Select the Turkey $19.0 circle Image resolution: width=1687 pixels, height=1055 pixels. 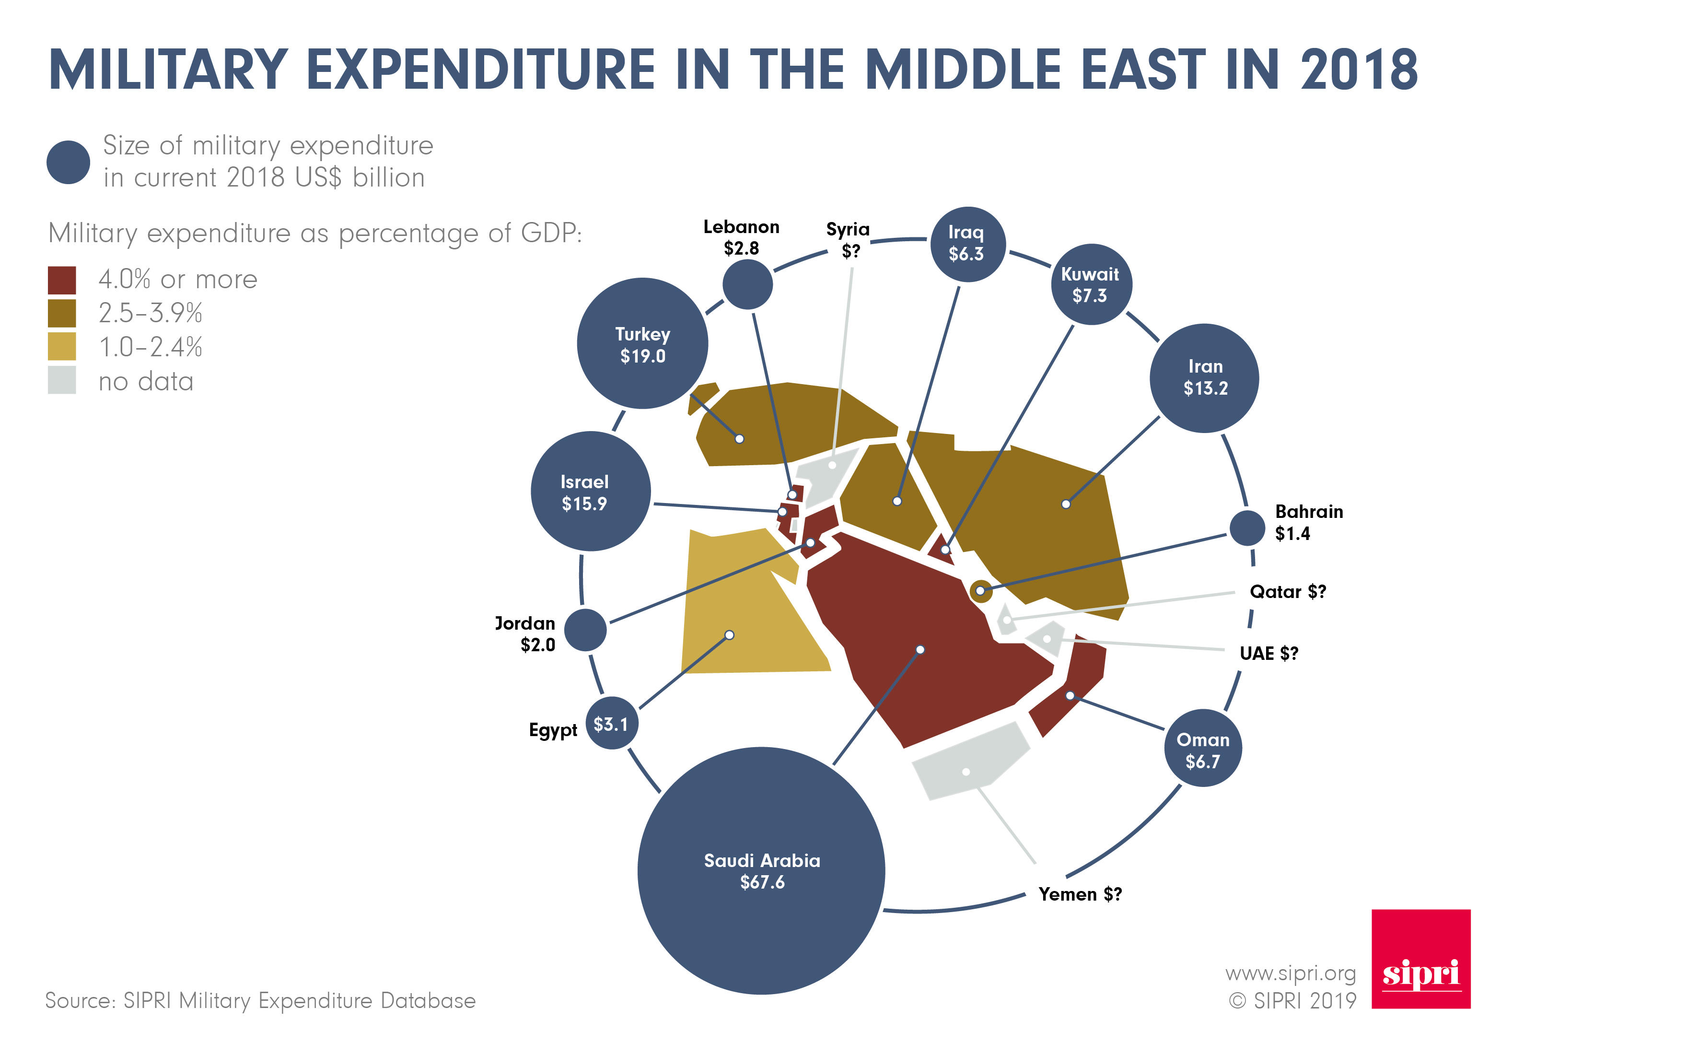642,343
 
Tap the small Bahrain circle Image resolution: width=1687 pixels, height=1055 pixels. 1247,527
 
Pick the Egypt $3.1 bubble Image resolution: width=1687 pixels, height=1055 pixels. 612,724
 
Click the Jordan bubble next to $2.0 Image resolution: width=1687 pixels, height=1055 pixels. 585,630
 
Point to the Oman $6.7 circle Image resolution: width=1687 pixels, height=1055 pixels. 1203,749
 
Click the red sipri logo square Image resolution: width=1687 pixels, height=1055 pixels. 1420,958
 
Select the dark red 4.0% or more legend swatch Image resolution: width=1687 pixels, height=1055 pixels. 61,280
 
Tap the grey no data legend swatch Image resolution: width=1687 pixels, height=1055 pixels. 61,380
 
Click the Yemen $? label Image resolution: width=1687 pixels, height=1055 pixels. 1080,894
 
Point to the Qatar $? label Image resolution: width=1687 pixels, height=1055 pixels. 1287,592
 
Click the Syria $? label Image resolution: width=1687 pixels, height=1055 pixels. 848,239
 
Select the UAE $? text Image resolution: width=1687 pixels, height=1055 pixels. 1268,653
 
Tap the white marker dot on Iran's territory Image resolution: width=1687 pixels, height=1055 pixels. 1066,504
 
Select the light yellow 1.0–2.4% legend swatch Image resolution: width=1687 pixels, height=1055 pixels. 61,347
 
